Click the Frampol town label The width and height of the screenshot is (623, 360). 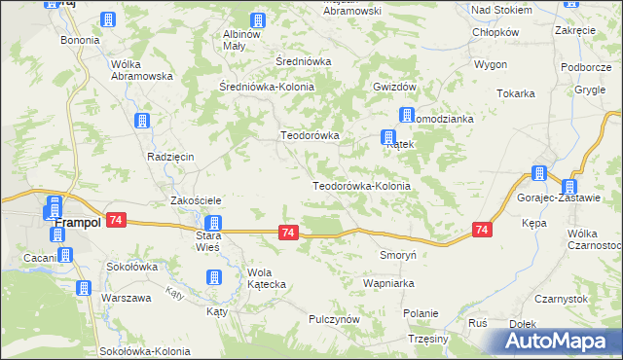pos(77,223)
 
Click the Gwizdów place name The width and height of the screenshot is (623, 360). pos(394,86)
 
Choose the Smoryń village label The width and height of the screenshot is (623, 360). pos(398,254)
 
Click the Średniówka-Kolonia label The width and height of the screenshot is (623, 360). pos(267,86)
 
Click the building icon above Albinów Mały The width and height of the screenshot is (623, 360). pos(258,19)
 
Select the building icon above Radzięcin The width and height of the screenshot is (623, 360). pos(142,122)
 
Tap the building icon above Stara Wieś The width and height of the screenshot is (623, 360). pos(213,224)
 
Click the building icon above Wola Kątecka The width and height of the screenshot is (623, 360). pos(213,278)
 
